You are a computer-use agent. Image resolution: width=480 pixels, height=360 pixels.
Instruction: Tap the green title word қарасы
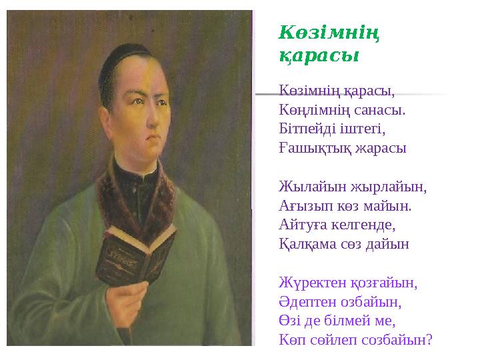(x=319, y=56)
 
